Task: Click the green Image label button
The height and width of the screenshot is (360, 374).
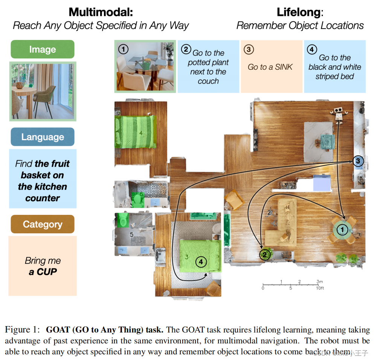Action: [43, 49]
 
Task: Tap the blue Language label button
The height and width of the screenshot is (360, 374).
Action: [43, 137]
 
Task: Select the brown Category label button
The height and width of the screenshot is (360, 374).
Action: [43, 224]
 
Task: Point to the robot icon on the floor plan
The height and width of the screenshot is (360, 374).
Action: [339, 114]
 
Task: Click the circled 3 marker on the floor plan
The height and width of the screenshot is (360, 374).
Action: [358, 161]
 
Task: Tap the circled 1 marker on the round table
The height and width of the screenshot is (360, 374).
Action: [342, 229]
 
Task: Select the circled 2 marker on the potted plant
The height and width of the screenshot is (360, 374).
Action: [264, 254]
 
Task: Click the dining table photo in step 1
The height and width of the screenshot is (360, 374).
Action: [145, 66]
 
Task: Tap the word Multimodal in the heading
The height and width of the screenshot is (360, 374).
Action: [101, 12]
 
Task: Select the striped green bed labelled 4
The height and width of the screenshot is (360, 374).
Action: [136, 132]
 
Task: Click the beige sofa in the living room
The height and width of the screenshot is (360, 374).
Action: [282, 222]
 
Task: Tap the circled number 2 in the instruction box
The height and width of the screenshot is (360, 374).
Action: [186, 49]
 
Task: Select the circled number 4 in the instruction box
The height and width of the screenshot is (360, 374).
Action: [312, 49]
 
